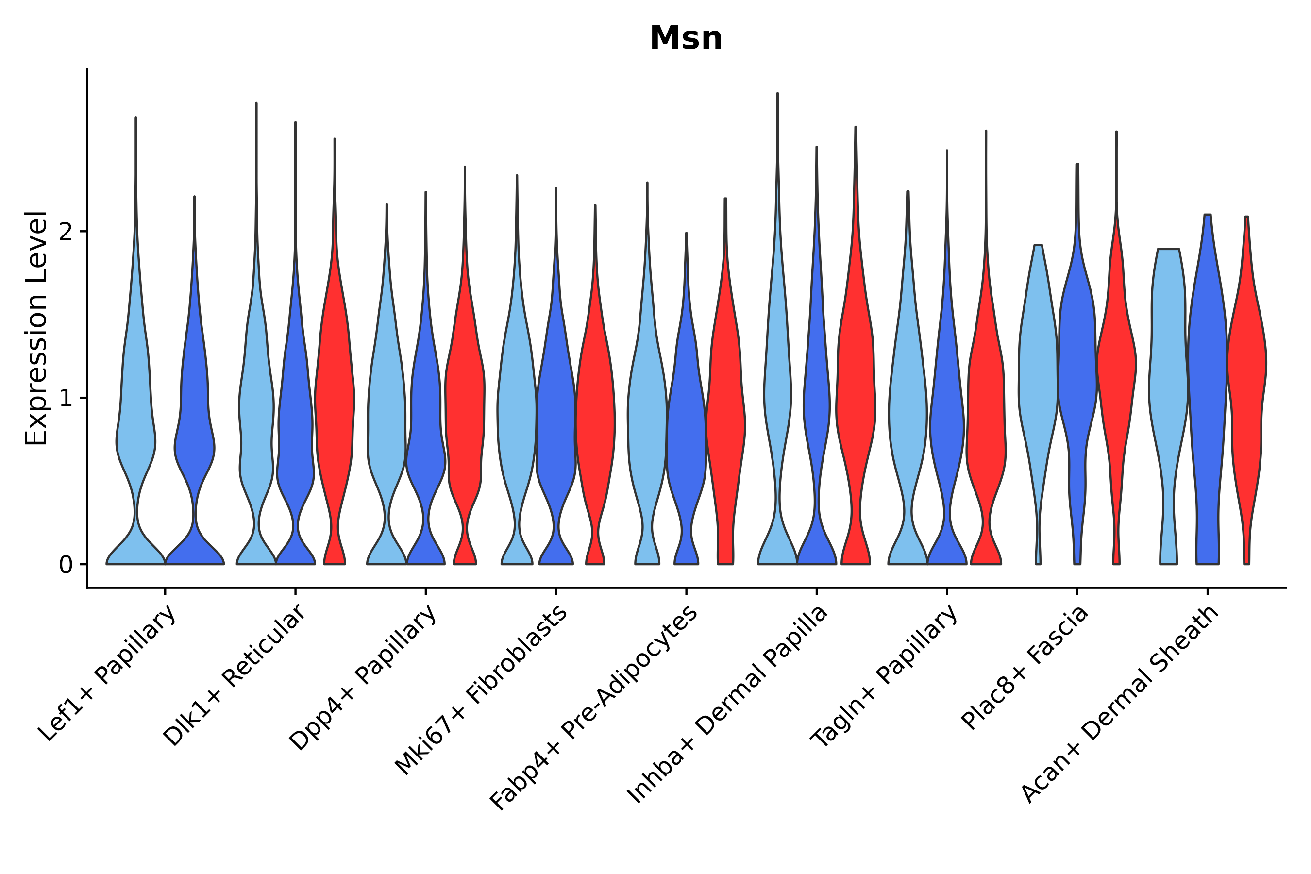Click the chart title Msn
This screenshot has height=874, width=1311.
click(x=686, y=38)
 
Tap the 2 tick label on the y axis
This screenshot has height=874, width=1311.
click(x=66, y=232)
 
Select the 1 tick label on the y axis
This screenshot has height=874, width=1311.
click(x=66, y=399)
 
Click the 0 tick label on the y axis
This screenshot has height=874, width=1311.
click(x=66, y=565)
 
